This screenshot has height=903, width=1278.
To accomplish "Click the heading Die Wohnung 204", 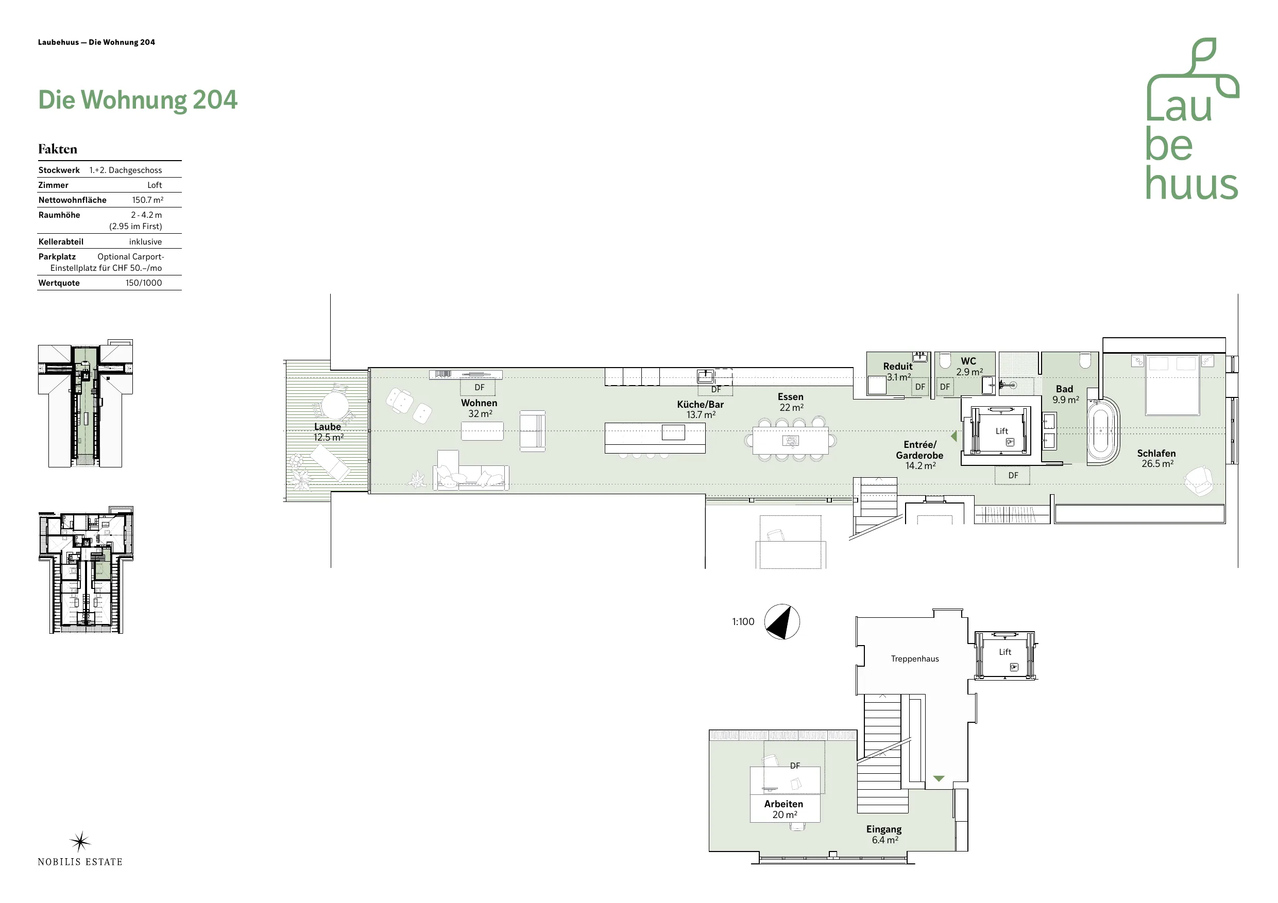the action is (138, 101).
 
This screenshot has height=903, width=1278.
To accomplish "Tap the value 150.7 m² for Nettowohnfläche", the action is (147, 200).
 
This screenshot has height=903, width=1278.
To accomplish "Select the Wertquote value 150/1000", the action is (144, 283).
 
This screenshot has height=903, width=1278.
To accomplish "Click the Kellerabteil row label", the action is (61, 241).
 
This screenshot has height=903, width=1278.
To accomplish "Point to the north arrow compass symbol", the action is (781, 621).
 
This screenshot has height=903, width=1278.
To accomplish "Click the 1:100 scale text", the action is (743, 621).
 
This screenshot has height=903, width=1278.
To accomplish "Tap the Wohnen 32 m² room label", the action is (479, 408).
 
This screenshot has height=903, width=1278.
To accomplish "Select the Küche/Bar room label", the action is (700, 405).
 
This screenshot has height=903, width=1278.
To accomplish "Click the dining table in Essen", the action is (790, 440).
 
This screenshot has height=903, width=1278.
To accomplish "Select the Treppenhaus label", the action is (914, 659).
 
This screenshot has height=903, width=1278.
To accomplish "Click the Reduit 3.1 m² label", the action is (898, 371).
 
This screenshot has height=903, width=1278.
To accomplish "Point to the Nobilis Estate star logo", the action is (80, 842).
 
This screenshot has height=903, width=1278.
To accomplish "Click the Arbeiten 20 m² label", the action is (783, 809).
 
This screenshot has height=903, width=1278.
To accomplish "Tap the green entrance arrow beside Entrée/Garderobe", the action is (953, 436).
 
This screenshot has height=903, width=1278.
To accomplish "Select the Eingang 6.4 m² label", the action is (884, 834).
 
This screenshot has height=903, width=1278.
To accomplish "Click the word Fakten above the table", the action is (57, 149).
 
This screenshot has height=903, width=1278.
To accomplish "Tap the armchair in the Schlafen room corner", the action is (1198, 480).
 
